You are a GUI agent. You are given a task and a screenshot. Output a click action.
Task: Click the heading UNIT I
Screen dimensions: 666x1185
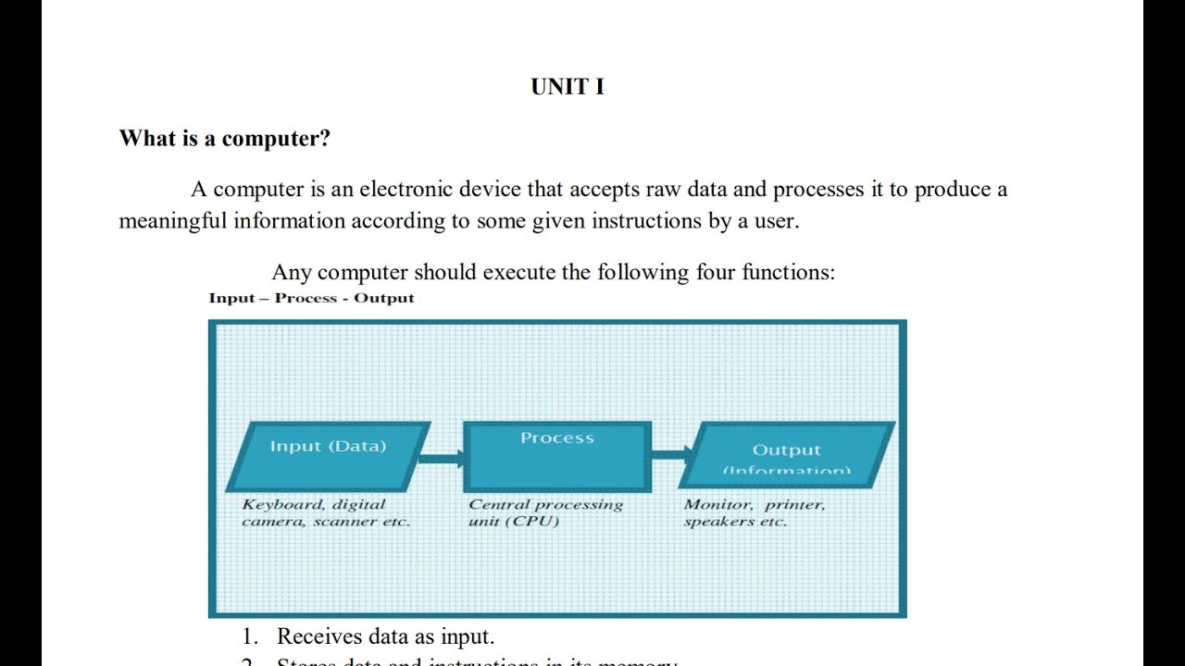(568, 87)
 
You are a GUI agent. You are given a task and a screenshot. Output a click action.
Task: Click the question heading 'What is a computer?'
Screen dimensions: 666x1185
(225, 139)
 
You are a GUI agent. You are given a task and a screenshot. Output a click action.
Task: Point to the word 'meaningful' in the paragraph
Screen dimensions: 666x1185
(173, 222)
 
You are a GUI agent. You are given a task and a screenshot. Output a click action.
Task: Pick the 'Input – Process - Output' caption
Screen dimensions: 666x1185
(311, 298)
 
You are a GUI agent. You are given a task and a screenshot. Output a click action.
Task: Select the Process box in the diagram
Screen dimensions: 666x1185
(557, 455)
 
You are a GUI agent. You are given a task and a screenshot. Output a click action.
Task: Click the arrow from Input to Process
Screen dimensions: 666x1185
(443, 457)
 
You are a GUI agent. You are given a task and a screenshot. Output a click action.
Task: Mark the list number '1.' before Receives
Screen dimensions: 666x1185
(250, 636)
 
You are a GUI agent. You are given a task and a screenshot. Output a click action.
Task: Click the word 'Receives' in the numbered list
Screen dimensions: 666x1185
(318, 636)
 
